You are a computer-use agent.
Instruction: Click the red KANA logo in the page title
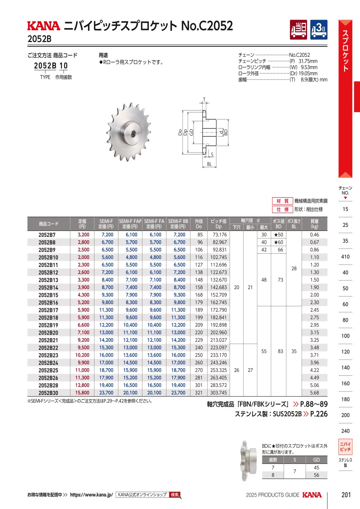click(44, 26)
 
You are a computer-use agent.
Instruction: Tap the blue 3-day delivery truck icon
click(319, 30)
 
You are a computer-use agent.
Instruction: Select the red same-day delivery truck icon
click(298, 30)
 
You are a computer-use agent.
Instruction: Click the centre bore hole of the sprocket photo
click(133, 134)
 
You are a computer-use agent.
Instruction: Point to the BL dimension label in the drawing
click(209, 164)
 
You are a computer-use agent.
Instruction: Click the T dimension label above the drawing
click(204, 100)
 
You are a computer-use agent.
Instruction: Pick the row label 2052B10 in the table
click(48, 257)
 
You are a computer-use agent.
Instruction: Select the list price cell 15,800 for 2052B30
click(82, 393)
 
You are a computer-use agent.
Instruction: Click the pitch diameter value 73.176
click(220, 235)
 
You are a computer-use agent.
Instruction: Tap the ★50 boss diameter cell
click(278, 235)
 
